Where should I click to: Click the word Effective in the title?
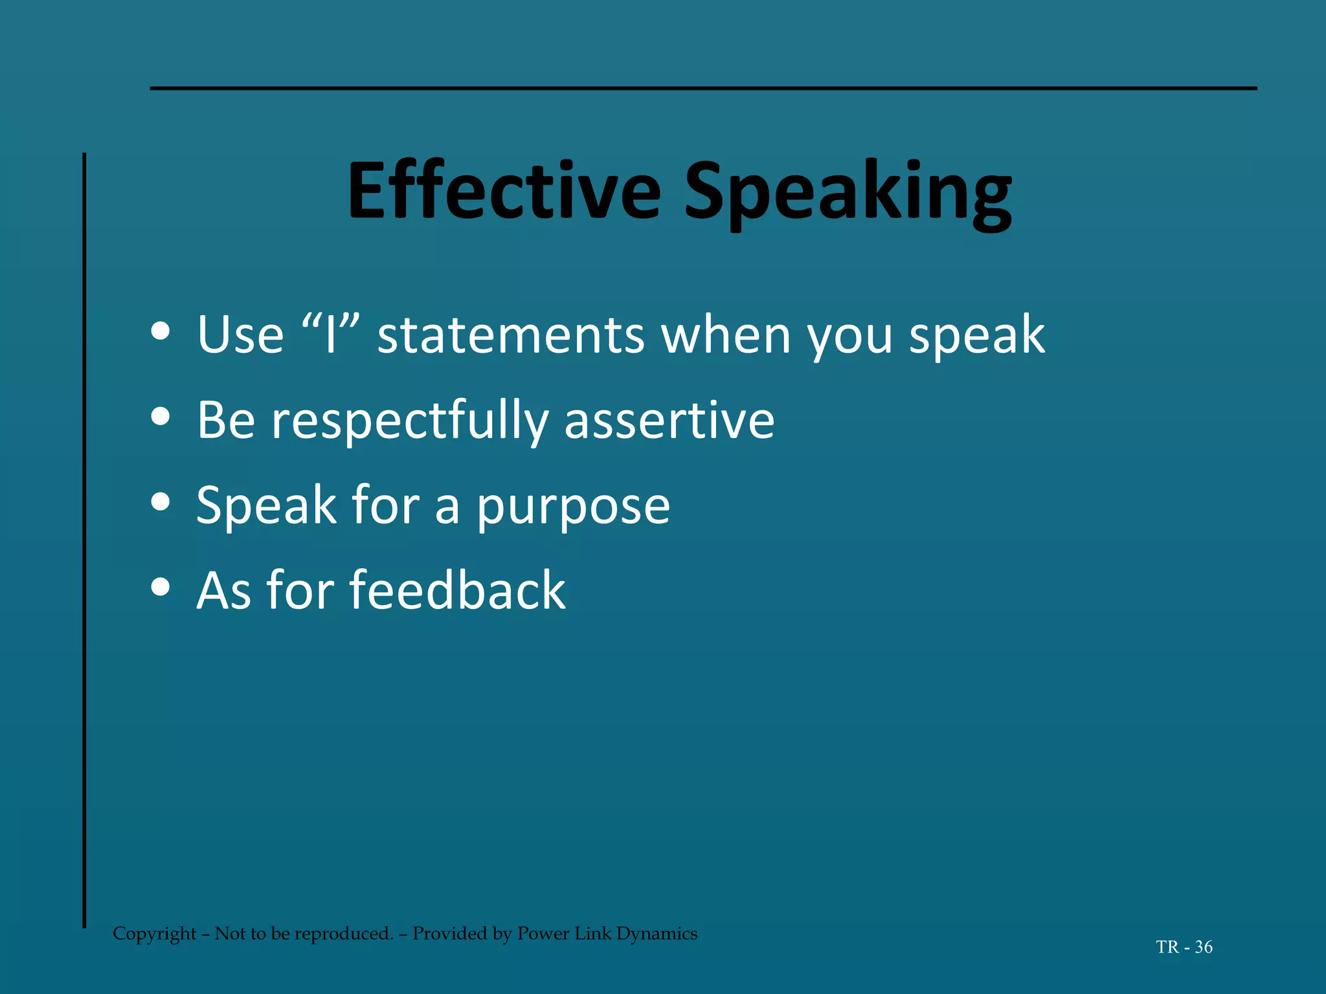[504, 192]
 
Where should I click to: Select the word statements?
[511, 335]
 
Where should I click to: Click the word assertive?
[669, 421]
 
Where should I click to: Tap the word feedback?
[457, 590]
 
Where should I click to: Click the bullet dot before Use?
[160, 332]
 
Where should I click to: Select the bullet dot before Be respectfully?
[160, 417]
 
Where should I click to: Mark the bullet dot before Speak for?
[160, 502]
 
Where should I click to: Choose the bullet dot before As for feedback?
[160, 587]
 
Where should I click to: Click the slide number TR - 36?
[1184, 947]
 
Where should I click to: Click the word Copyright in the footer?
[154, 934]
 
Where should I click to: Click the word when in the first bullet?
[726, 335]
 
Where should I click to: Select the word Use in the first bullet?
[240, 335]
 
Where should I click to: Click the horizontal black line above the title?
[703, 88]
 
